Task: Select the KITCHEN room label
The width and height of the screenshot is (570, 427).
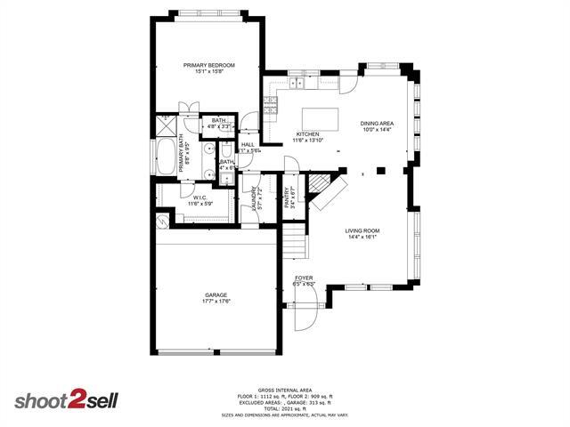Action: click(307, 135)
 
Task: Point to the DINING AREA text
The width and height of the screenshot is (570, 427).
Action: click(377, 124)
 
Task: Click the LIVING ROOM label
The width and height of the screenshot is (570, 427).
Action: click(362, 231)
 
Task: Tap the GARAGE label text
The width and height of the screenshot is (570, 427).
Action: click(216, 295)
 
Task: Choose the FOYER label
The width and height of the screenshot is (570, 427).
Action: click(305, 278)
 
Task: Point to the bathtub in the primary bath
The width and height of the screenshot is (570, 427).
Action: click(167, 157)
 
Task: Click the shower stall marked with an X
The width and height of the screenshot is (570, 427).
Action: click(165, 124)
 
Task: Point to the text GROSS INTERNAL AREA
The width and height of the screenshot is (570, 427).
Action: click(286, 390)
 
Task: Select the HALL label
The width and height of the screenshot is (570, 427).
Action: click(248, 144)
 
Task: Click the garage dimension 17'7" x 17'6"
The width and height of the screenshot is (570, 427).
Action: click(216, 302)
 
